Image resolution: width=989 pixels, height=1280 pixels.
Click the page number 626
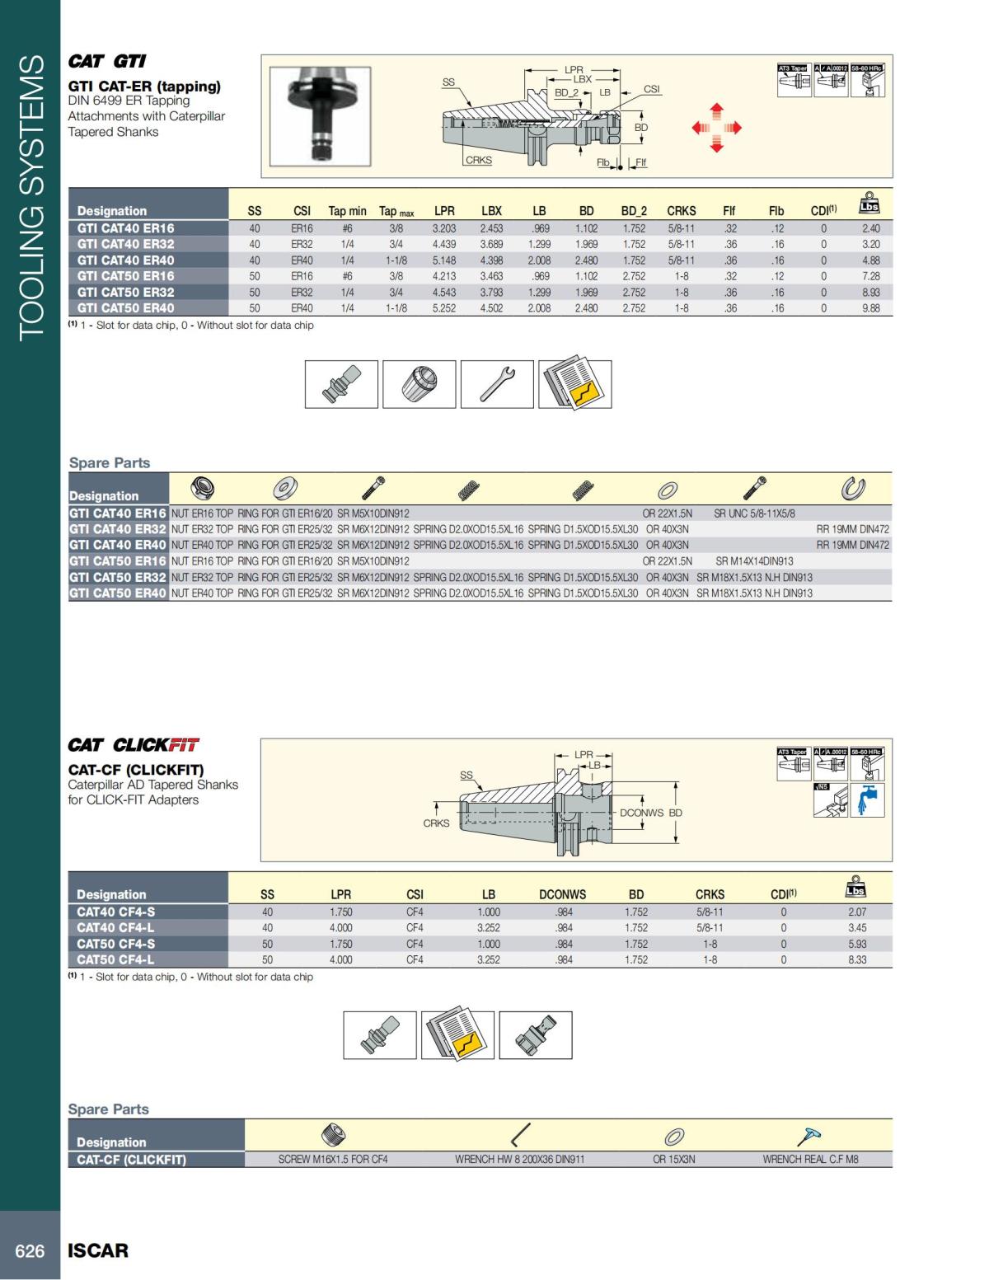pyautogui.click(x=30, y=1251)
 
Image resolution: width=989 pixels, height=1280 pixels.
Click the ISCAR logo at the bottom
pyautogui.click(x=98, y=1250)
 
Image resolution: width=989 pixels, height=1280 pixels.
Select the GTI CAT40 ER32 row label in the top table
pyautogui.click(x=126, y=244)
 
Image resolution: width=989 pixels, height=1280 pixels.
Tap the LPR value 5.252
pyautogui.click(x=444, y=308)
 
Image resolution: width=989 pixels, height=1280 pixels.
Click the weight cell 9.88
pyautogui.click(x=870, y=308)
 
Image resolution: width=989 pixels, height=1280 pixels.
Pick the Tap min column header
pyautogui.click(x=347, y=211)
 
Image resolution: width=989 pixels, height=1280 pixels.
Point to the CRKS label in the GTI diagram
pyautogui.click(x=478, y=161)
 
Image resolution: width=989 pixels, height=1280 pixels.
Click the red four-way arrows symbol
pyautogui.click(x=716, y=128)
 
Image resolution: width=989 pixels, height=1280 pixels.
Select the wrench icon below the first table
pyautogui.click(x=497, y=384)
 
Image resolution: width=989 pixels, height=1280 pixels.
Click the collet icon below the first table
pyautogui.click(x=419, y=384)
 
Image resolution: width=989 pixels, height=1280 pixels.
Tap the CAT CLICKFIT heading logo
pyautogui.click(x=134, y=745)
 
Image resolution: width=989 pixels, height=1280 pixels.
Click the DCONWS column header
pyautogui.click(x=562, y=894)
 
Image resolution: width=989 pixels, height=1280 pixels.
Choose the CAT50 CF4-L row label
pyautogui.click(x=115, y=959)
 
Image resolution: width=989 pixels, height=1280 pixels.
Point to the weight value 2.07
pyautogui.click(x=857, y=912)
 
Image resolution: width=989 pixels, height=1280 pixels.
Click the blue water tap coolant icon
pyautogui.click(x=867, y=799)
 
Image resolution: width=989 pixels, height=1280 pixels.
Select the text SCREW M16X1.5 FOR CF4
pyautogui.click(x=333, y=1160)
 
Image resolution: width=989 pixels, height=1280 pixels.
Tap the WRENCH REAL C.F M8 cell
pyautogui.click(x=810, y=1160)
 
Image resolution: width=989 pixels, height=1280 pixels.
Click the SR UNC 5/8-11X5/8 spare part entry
pyautogui.click(x=754, y=513)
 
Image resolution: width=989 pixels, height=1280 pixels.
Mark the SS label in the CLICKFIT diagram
pyautogui.click(x=466, y=775)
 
